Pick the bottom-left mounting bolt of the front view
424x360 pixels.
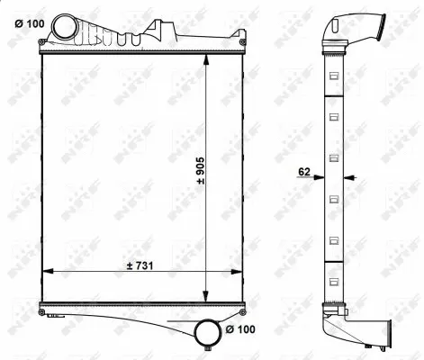click(42, 311)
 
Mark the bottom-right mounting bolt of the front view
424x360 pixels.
click(244, 311)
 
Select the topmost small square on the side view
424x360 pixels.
click(334, 75)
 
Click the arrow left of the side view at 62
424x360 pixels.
click(317, 177)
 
